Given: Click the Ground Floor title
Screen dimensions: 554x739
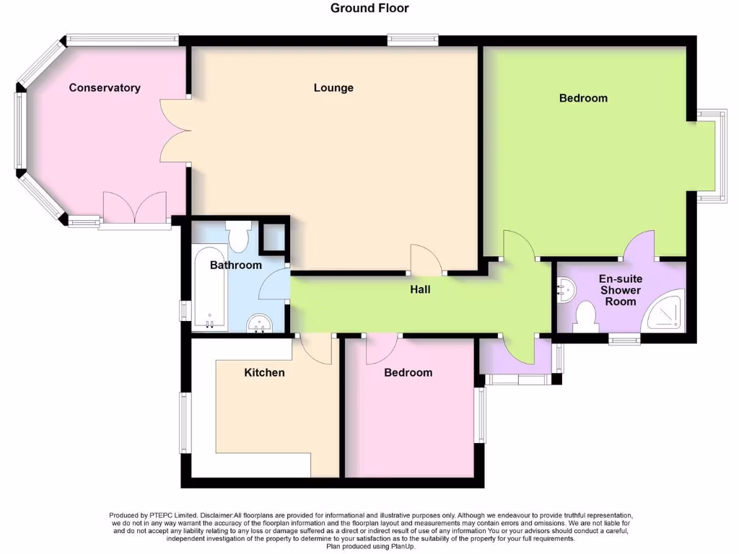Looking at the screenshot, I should (369, 9).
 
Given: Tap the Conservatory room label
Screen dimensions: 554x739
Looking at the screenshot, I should (105, 88).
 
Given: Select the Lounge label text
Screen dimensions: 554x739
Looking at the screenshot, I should (333, 88).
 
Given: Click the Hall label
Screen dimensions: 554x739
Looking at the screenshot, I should (420, 289).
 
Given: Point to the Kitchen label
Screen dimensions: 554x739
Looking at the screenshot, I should (264, 373).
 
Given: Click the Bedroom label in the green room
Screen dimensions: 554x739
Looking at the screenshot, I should (583, 98).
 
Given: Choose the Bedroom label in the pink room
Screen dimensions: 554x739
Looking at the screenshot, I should (408, 373).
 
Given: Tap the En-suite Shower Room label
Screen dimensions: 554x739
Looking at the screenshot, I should (621, 290).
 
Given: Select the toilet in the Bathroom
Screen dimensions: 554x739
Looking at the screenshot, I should (237, 234).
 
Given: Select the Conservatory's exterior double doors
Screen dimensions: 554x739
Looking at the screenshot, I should (134, 208).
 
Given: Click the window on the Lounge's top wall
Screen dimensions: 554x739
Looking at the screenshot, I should (412, 40).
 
